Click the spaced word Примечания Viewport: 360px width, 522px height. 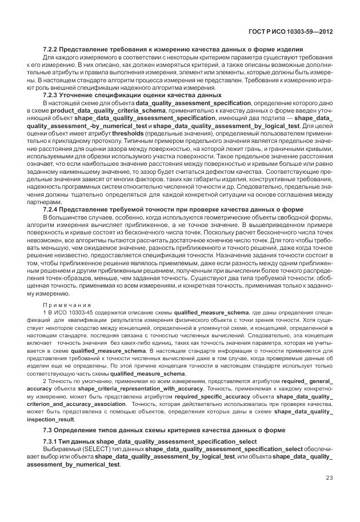tap(67, 305)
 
